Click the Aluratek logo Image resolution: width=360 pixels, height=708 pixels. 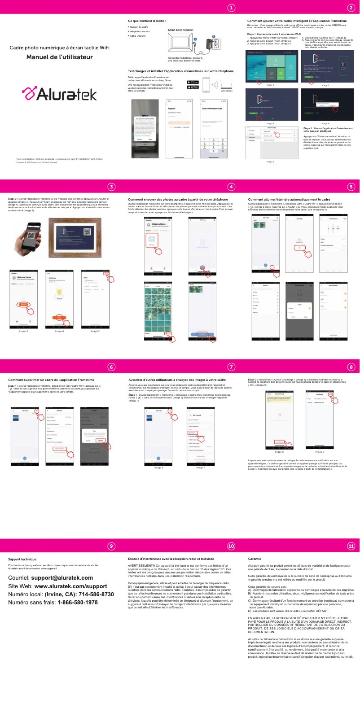point(60,94)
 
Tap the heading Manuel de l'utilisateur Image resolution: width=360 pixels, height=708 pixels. point(59,57)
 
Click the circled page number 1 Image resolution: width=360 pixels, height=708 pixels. point(231,8)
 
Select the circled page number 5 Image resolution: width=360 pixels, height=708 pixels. point(351,187)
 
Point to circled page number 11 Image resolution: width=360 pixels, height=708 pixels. point(351,546)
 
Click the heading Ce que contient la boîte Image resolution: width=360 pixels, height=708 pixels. point(147,21)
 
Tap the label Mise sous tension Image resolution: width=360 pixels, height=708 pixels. point(180,30)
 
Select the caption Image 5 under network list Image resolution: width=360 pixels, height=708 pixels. point(270,162)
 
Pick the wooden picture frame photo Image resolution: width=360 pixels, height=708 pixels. point(75,238)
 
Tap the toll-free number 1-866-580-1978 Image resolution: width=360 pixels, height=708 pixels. point(77,602)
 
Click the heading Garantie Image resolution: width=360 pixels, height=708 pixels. point(254,559)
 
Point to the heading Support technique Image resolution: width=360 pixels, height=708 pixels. point(22,559)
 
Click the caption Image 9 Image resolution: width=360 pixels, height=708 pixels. point(319,452)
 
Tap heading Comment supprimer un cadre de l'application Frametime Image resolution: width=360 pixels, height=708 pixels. point(51,380)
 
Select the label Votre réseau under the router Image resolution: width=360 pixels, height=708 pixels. point(226,91)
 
